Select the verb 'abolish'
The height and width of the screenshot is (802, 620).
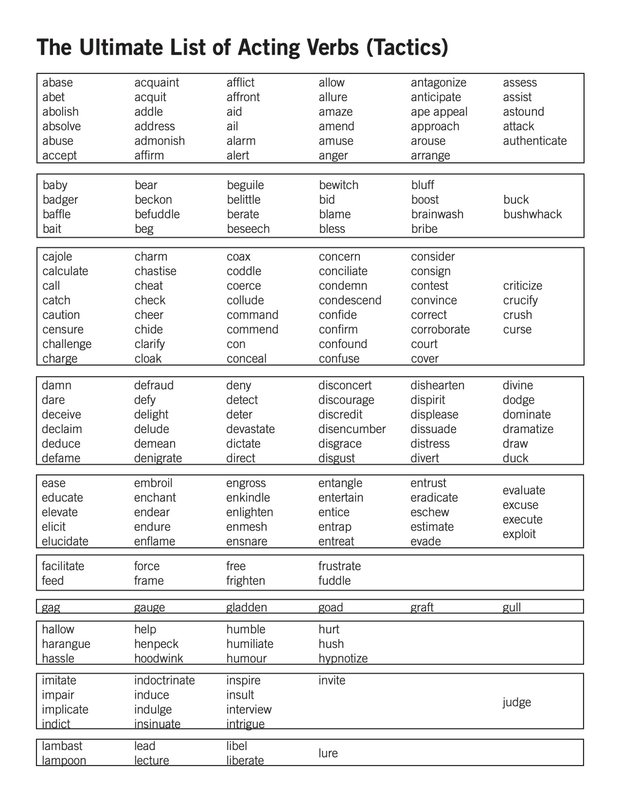[x=61, y=111]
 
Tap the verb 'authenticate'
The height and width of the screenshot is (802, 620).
[x=534, y=141]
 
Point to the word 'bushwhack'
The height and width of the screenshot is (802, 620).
[x=532, y=214]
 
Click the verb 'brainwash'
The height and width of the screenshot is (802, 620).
[x=437, y=214]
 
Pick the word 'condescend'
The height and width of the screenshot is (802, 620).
[x=350, y=300]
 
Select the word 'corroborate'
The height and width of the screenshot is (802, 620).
[x=440, y=329]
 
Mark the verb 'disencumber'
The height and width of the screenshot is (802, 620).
[x=352, y=429]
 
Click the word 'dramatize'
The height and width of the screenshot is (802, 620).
[x=527, y=429]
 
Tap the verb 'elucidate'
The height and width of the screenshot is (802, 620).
[x=65, y=541]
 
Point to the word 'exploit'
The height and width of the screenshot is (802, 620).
[x=519, y=534]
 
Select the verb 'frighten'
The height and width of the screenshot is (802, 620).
[x=245, y=580]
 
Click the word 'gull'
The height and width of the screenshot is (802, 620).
[x=511, y=607]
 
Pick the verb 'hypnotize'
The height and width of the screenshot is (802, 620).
[x=343, y=659]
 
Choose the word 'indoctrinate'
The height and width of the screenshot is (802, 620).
[x=164, y=680]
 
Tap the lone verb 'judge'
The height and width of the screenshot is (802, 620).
[x=517, y=702]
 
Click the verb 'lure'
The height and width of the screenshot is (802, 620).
[x=328, y=753]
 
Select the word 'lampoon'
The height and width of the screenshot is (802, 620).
[x=64, y=760]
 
